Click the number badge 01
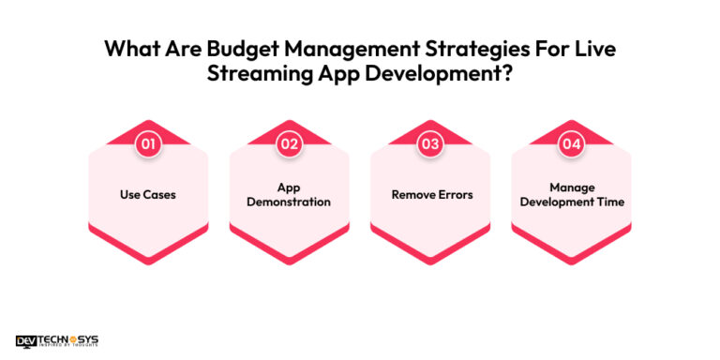point(148,143)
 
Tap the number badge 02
point(289,143)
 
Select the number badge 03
point(430,143)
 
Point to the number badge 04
point(571,143)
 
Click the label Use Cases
point(148,194)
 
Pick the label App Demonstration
point(289,194)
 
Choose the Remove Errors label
point(430,194)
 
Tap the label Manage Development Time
point(571,194)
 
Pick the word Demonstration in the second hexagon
point(289,202)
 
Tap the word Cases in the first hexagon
point(161,194)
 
